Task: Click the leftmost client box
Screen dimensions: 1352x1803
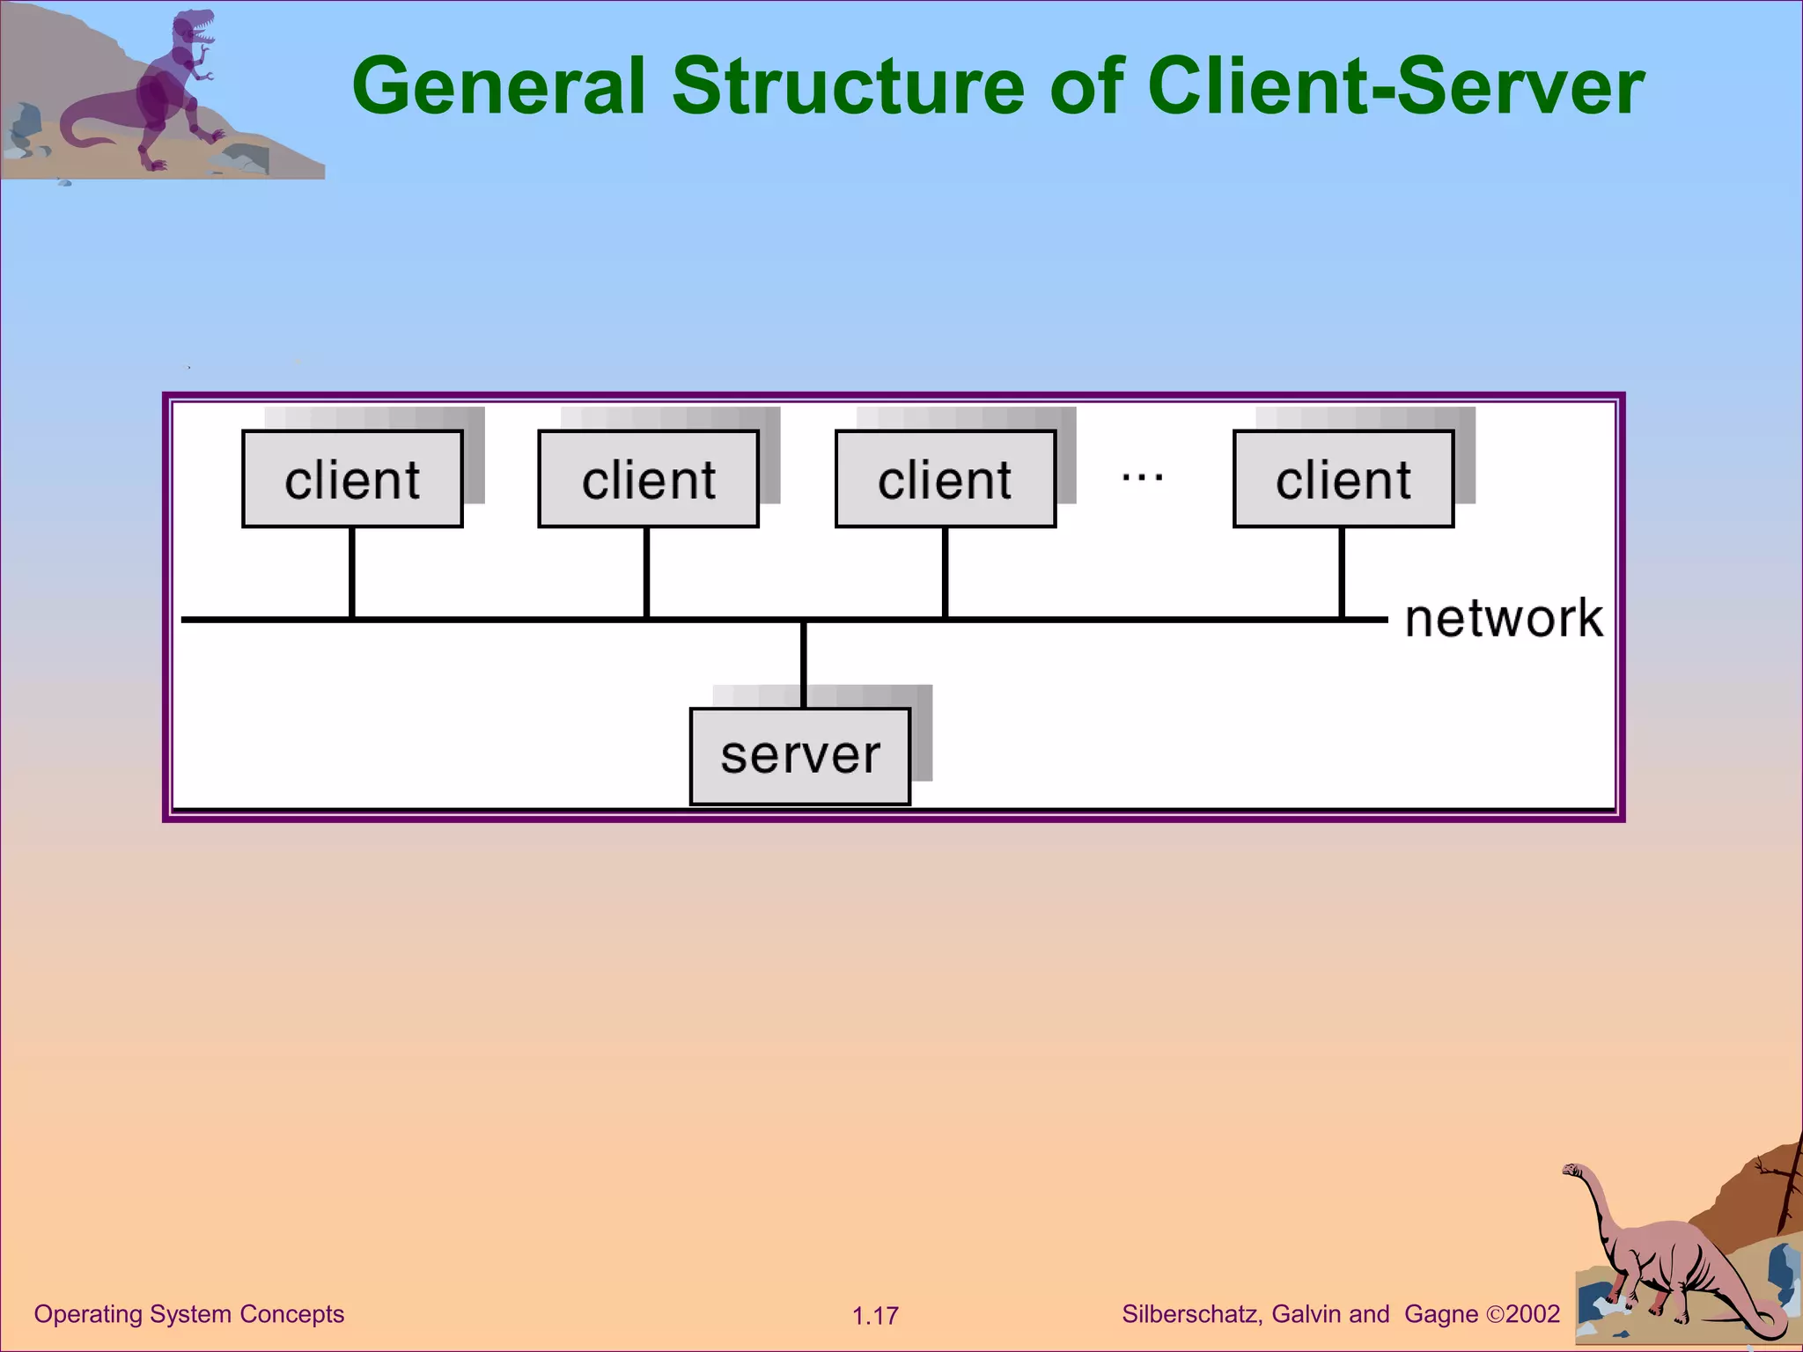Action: point(352,479)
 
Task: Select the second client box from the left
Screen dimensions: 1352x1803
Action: point(648,479)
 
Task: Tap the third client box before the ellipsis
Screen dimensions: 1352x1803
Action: point(945,479)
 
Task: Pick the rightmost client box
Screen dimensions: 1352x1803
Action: point(1343,479)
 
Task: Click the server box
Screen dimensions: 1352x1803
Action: point(799,755)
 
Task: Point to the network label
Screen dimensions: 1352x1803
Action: point(1503,618)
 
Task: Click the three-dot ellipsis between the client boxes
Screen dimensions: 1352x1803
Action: point(1142,478)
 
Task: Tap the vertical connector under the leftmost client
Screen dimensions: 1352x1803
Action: point(352,572)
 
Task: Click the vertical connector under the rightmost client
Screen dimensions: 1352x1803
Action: point(1341,572)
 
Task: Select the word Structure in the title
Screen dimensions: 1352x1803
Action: point(848,86)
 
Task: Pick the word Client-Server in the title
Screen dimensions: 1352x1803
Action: point(1395,86)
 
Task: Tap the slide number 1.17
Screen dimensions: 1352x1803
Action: point(875,1316)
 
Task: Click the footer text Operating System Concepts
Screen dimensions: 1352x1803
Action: point(188,1314)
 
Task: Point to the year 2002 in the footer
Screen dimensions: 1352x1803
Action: point(1533,1314)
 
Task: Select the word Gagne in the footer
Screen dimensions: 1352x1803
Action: point(1441,1314)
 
